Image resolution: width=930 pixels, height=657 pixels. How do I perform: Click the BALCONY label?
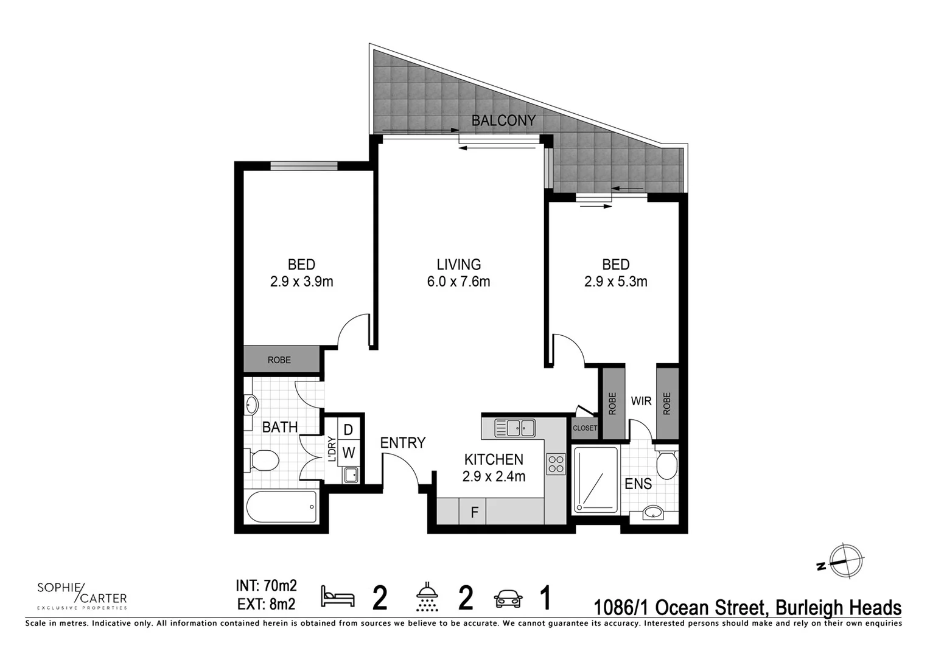coord(503,120)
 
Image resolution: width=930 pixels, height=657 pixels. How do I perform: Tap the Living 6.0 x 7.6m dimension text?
coord(458,282)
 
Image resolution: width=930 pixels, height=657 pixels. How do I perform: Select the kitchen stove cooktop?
coord(556,464)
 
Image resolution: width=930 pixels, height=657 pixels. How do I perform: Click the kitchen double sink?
coord(515,428)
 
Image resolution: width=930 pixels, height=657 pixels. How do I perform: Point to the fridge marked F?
coord(474,512)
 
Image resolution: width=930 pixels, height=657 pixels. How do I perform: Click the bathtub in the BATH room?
coord(281,507)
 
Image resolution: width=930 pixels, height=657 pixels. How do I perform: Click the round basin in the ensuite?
coord(653,512)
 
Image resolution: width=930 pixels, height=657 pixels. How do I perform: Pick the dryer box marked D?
coord(348,429)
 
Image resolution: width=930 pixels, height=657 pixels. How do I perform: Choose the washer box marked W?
coord(348,453)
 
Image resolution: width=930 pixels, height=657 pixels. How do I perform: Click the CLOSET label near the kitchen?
coord(584,428)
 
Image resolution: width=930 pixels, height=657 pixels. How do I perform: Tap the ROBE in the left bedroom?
coord(280,360)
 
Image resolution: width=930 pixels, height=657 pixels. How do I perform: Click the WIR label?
coord(641,401)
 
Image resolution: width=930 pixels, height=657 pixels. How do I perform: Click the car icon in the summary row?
coord(508,599)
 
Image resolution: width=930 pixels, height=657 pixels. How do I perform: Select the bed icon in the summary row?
coord(338,596)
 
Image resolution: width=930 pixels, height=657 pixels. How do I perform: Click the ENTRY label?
coord(402,443)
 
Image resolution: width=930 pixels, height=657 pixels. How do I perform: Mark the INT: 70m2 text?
coord(266,586)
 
